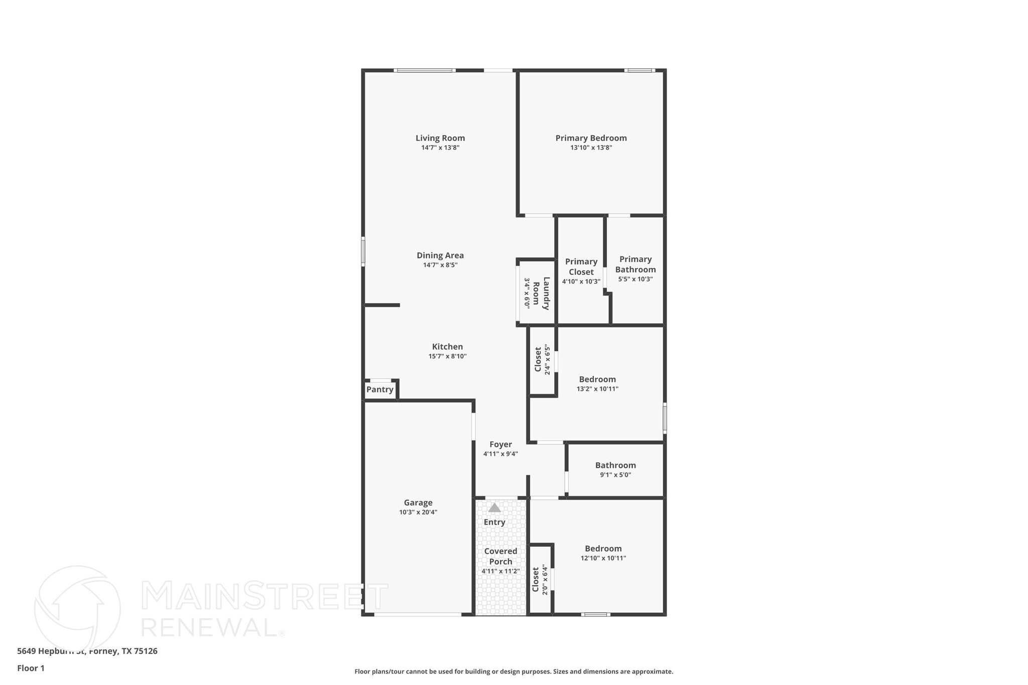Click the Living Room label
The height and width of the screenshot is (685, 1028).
[440, 138]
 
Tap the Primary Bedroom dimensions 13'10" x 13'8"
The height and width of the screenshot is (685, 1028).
[591, 148]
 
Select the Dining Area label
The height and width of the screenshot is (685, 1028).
[440, 255]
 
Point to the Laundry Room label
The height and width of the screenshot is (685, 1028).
[541, 293]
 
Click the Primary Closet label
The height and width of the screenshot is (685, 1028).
[581, 266]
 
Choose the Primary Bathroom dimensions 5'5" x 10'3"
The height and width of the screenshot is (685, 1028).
[635, 279]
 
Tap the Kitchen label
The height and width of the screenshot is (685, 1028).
[447, 347]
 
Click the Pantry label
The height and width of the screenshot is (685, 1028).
[380, 389]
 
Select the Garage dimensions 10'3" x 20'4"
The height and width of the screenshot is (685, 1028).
[418, 512]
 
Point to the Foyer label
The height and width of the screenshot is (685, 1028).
[500, 445]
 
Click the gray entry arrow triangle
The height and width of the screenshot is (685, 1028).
[494, 508]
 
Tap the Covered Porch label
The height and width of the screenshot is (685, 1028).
[500, 556]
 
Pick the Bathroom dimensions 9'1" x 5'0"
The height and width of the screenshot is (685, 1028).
[615, 475]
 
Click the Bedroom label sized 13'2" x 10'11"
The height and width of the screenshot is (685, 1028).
[597, 379]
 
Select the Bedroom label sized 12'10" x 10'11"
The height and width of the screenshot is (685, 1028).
[603, 549]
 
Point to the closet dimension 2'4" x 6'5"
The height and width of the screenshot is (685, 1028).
[548, 359]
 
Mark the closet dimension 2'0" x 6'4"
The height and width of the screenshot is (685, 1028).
[545, 579]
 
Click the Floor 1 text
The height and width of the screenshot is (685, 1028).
[31, 668]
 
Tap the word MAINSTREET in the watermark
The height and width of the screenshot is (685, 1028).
[265, 596]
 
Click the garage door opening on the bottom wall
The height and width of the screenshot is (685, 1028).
[418, 614]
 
